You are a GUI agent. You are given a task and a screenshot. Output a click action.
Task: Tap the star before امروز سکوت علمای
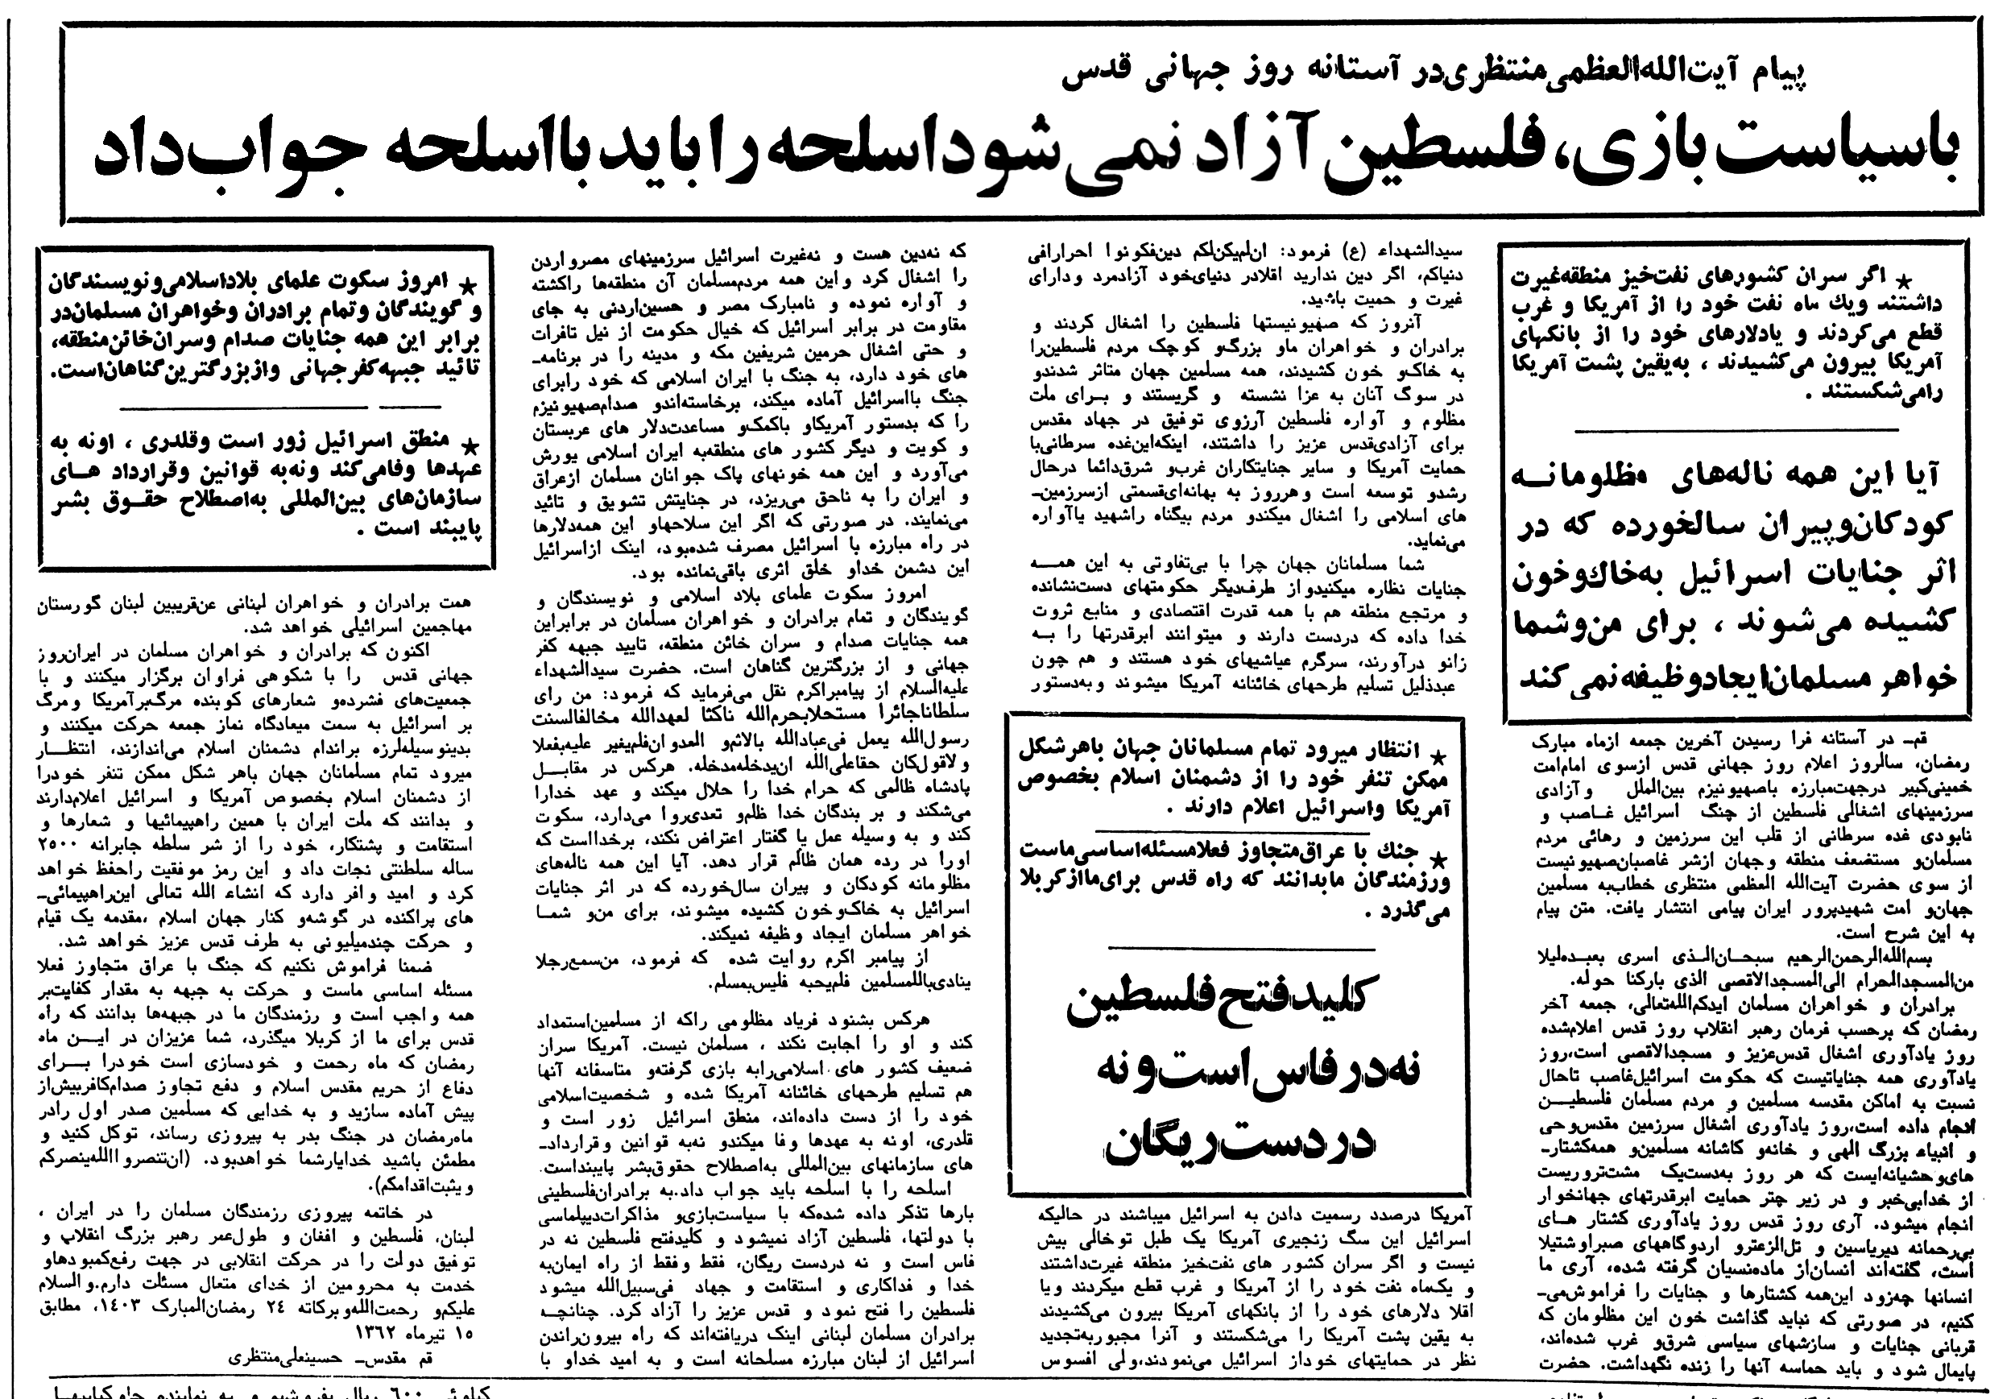click(x=470, y=284)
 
